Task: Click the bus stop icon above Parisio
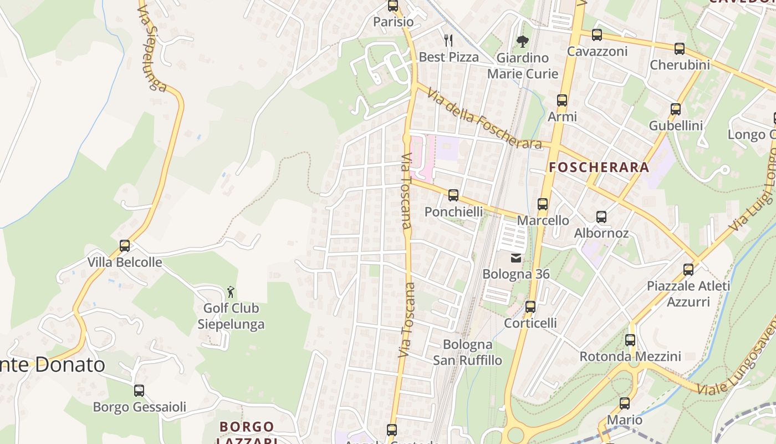pyautogui.click(x=393, y=6)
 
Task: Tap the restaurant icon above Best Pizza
pyautogui.click(x=448, y=40)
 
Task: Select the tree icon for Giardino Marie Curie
pyautogui.click(x=522, y=41)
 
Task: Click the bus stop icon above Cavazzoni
pyautogui.click(x=597, y=35)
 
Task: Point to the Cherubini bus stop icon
pyautogui.click(x=680, y=49)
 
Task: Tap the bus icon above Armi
pyautogui.click(x=562, y=100)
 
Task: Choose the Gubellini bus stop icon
pyautogui.click(x=676, y=109)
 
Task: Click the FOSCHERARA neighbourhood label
pyautogui.click(x=599, y=167)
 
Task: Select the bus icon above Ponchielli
pyautogui.click(x=453, y=195)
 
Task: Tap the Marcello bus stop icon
pyautogui.click(x=543, y=204)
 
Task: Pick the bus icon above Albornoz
pyautogui.click(x=601, y=217)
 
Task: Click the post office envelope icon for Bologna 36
pyautogui.click(x=516, y=258)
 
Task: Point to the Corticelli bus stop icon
pyautogui.click(x=530, y=307)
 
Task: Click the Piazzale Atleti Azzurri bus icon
pyautogui.click(x=688, y=270)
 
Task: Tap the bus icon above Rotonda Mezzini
pyautogui.click(x=630, y=340)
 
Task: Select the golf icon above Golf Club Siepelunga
pyautogui.click(x=231, y=292)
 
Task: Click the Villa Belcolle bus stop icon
pyautogui.click(x=125, y=246)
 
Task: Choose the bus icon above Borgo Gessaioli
pyautogui.click(x=139, y=391)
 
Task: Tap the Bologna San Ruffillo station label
pyautogui.click(x=467, y=352)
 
